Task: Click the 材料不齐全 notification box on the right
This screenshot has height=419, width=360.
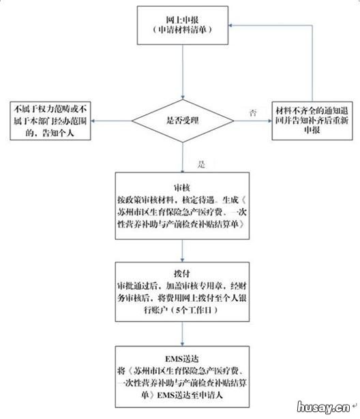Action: (x=313, y=120)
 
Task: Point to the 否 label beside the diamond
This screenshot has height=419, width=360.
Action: (x=253, y=111)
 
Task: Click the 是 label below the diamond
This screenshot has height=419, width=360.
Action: (x=200, y=165)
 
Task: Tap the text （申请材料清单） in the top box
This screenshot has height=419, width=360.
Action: (x=182, y=31)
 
